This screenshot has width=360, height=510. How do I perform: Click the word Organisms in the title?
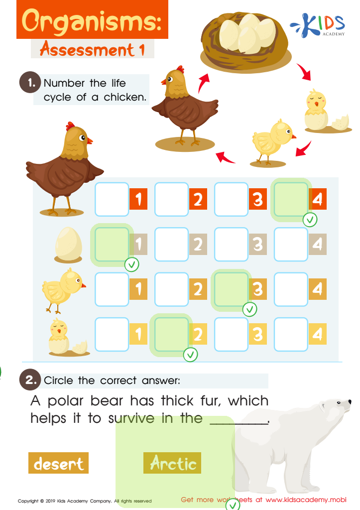(x=92, y=21)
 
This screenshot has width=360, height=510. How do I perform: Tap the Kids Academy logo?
(x=318, y=25)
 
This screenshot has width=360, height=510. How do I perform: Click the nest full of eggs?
(x=245, y=40)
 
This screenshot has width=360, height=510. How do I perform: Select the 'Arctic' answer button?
(x=172, y=463)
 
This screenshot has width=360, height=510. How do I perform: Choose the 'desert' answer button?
(x=59, y=463)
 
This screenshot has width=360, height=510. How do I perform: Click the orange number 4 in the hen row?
(x=318, y=199)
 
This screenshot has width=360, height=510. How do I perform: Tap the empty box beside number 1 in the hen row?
(x=112, y=199)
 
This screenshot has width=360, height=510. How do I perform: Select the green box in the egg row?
(x=112, y=244)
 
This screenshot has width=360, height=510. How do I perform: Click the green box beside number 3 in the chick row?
(x=231, y=289)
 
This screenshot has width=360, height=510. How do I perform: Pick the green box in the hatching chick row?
(x=171, y=334)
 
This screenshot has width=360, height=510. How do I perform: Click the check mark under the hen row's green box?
(x=310, y=220)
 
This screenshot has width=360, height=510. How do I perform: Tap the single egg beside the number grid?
(x=68, y=245)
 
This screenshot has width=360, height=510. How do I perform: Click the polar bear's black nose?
(x=350, y=402)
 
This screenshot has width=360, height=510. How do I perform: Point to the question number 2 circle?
(x=30, y=380)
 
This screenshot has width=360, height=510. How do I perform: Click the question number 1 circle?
(x=30, y=83)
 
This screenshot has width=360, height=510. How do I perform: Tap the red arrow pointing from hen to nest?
(x=203, y=83)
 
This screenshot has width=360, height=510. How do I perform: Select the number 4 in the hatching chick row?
(x=318, y=334)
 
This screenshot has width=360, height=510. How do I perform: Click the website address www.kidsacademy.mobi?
(x=306, y=500)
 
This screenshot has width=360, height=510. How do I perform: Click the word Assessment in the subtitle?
(x=87, y=50)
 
